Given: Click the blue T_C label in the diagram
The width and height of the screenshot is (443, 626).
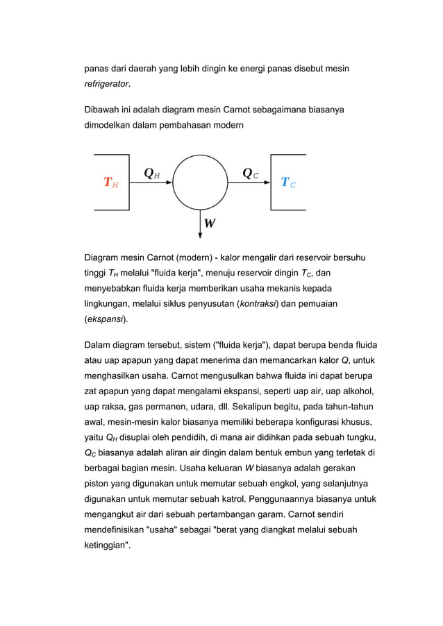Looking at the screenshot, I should (x=288, y=183).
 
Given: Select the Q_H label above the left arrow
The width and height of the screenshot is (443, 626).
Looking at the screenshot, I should (x=151, y=174).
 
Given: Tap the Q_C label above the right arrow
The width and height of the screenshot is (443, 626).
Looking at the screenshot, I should (x=251, y=174).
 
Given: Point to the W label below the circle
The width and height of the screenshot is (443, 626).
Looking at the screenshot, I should (x=210, y=224).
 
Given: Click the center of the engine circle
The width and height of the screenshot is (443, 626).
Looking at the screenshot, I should (x=200, y=183).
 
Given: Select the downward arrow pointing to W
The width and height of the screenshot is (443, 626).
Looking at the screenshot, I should (x=200, y=223).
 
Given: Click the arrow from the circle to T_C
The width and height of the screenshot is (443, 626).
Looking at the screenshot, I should (x=249, y=183).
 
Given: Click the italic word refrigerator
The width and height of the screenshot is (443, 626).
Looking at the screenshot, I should (x=106, y=85).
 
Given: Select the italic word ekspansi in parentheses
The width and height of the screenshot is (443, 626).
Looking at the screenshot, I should (x=106, y=321).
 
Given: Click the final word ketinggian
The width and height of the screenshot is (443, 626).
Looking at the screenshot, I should (x=107, y=545).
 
